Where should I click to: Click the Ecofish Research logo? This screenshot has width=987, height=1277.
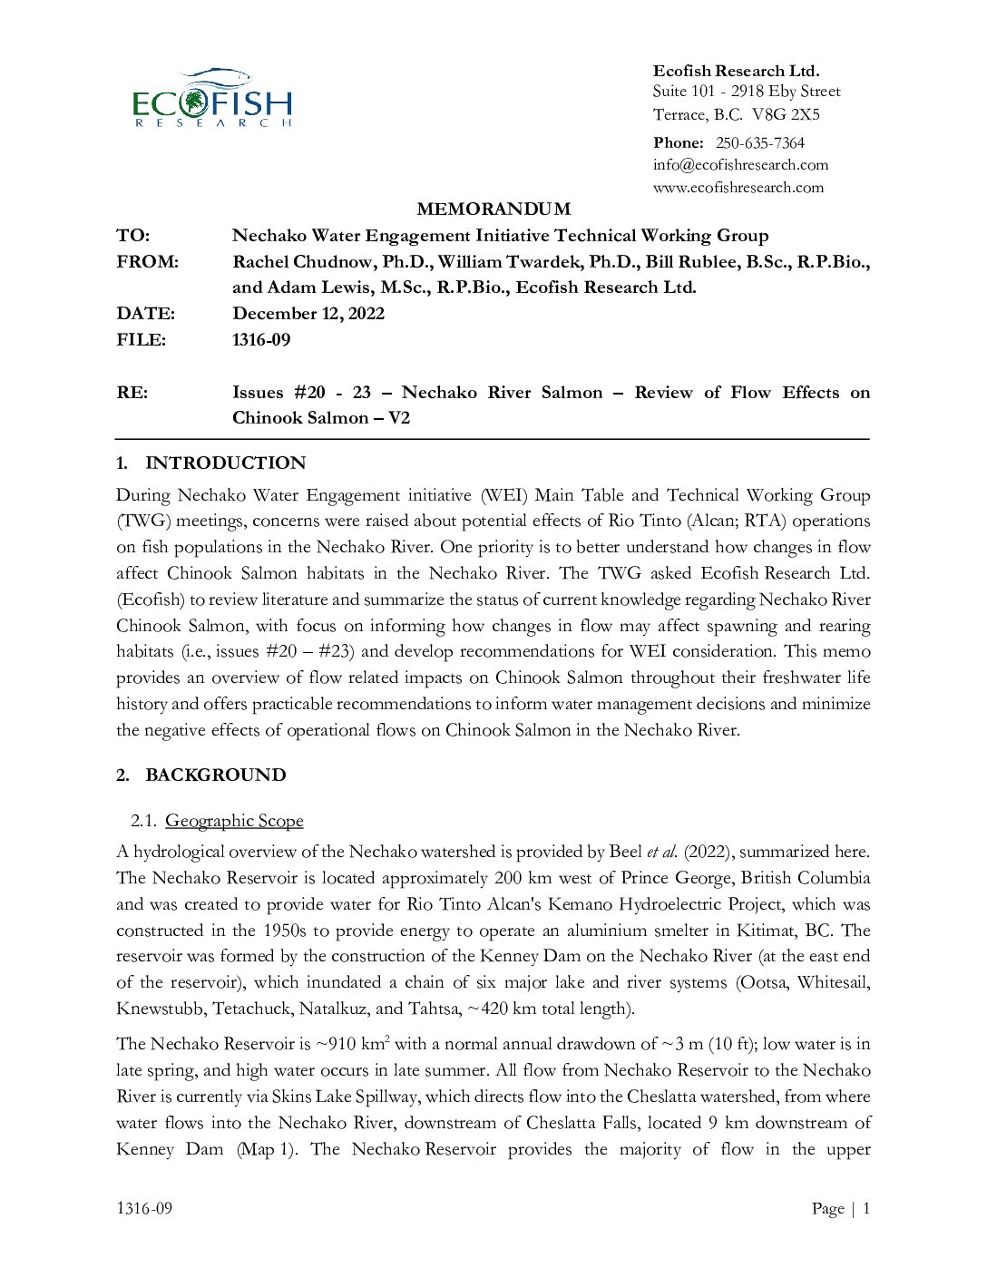212,98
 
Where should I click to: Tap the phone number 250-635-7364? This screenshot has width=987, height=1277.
759,142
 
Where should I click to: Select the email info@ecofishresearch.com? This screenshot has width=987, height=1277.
740,165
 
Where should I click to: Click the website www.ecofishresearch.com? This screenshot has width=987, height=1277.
738,188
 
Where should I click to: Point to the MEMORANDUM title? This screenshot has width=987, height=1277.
493,210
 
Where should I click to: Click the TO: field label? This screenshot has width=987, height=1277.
132,236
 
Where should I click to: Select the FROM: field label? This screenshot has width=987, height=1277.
147,262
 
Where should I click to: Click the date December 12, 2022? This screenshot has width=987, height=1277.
308,314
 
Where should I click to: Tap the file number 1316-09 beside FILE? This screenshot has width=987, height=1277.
261,340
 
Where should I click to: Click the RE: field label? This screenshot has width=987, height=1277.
132,393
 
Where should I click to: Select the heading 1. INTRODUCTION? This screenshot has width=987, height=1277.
211,463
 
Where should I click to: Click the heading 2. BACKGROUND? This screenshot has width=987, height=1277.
201,775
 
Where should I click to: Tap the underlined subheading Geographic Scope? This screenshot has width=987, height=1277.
234,821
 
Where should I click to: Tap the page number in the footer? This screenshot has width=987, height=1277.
866,1208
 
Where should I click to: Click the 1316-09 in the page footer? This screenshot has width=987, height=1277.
144,1208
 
